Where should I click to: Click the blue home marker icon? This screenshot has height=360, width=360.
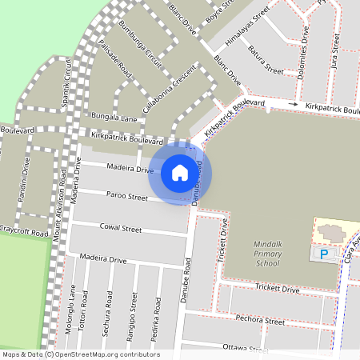tap(180, 172)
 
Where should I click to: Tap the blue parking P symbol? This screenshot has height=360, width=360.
tap(324, 254)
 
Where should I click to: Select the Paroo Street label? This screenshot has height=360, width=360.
tap(126, 196)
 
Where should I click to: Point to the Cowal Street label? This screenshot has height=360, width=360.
tap(120, 229)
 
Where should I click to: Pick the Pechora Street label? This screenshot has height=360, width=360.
tap(260, 321)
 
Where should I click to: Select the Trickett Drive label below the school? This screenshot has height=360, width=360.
tap(276, 289)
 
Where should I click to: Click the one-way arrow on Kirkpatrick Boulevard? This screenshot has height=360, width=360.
tap(293, 105)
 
